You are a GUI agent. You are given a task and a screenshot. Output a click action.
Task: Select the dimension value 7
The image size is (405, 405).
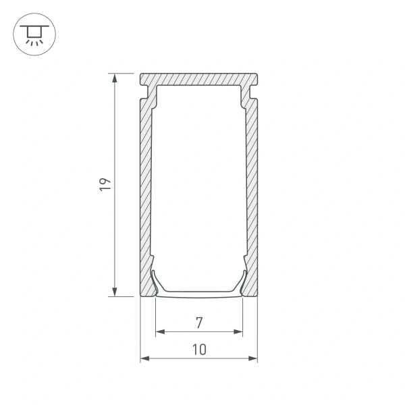coord(199,323)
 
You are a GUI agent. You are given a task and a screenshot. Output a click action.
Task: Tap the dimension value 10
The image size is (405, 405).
coord(199,349)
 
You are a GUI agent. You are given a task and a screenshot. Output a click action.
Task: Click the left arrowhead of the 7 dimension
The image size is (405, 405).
coord(161,331)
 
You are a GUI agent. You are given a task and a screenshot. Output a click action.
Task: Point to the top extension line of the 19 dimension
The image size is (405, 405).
coord(125,73)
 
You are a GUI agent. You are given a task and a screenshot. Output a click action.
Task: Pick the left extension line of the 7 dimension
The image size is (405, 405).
coord(156,317)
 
